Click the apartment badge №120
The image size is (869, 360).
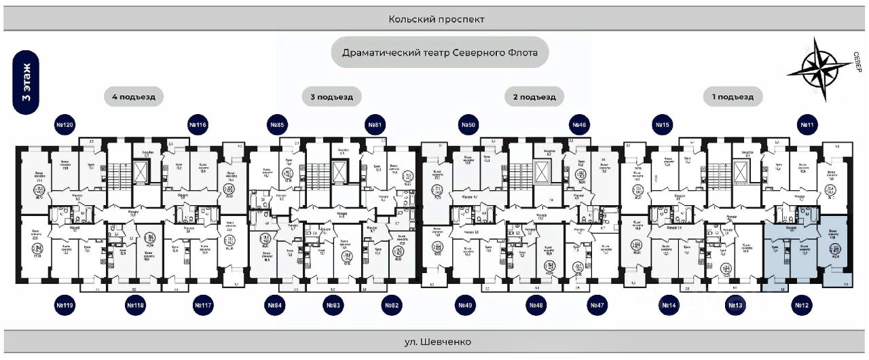[x=65, y=125]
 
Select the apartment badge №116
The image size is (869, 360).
[x=198, y=125]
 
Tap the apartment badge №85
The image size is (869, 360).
[x=276, y=125]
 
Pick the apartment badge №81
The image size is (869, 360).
[x=375, y=125]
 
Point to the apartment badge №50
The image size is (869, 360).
[x=468, y=125]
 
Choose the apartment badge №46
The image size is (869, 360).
[x=579, y=125]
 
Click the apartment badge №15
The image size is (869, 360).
[x=662, y=125]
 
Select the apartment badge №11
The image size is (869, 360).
[x=807, y=125]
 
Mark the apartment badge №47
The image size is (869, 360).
[x=597, y=306]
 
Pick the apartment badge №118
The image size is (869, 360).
[x=135, y=306]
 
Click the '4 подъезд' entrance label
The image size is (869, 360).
[x=134, y=97]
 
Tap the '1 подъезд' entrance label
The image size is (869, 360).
[x=733, y=97]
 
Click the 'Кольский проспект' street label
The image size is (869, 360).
[x=437, y=20]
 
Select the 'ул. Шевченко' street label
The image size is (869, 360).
[x=437, y=342]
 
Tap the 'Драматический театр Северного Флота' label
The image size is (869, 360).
[x=440, y=52]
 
